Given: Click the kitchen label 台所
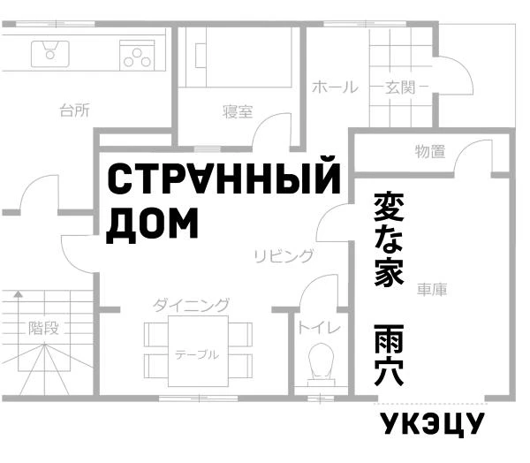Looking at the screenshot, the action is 74,110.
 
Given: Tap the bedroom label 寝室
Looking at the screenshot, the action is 238,112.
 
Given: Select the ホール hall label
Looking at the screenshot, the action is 335,87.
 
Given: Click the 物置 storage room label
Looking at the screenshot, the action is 430,152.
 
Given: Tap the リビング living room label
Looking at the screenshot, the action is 284,256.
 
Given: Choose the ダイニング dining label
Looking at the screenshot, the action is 191,305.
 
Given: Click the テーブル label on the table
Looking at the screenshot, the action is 196,354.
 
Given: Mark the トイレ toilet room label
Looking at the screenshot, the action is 318,328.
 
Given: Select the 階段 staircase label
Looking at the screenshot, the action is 44,328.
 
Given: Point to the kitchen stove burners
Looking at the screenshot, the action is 137,56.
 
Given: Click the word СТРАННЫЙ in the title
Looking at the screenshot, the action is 223,179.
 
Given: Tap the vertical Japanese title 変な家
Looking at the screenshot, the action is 389,239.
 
